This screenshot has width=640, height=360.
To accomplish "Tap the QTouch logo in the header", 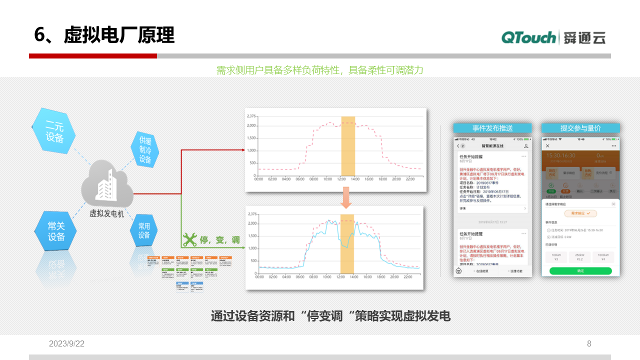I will point(528,37).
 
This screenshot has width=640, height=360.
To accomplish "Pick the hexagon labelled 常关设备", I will point(56,232).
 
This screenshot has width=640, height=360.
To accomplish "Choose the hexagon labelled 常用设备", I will point(144,230).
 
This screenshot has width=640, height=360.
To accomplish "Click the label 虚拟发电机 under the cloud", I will point(106,213).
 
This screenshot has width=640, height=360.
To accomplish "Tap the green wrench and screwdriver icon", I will point(189,240).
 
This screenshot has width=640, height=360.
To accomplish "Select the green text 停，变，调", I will point(220,240).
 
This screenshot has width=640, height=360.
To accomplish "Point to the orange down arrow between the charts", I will point(346,197).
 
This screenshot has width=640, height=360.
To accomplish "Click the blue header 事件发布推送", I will point(492,128).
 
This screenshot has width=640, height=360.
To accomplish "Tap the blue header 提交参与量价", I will point(580,128).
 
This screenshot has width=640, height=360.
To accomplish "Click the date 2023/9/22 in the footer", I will point(66,343).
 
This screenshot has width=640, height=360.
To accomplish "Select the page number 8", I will point(589,343).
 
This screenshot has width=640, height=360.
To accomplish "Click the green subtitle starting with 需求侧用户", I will point(319,70).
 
